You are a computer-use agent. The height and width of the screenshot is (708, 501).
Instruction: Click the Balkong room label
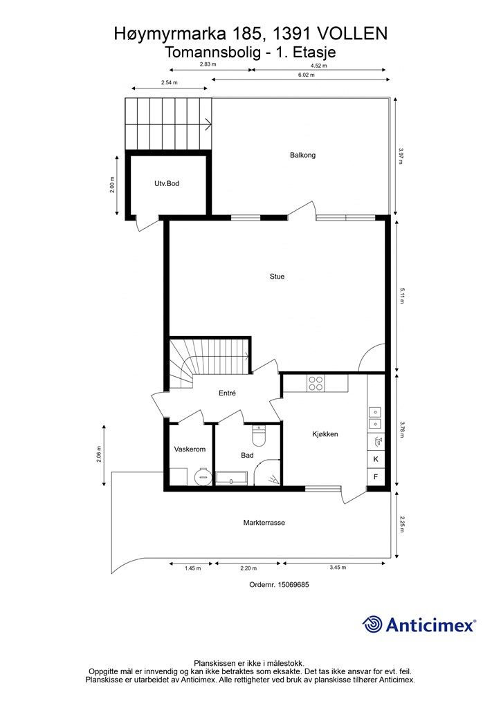coord(302,156)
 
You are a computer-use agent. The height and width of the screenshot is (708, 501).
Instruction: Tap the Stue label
coord(277,277)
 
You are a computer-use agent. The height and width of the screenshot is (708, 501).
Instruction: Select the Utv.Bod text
coord(167,183)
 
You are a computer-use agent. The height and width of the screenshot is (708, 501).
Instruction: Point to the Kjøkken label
coord(325,434)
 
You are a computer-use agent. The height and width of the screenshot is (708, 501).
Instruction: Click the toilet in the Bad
coord(259,436)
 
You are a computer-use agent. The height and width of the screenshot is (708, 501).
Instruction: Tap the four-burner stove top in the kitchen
coord(316,383)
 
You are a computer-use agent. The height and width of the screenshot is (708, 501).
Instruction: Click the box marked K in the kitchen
coord(376,459)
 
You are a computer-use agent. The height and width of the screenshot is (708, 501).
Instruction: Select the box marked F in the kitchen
coord(376,476)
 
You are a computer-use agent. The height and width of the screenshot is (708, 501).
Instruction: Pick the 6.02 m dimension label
coord(306,75)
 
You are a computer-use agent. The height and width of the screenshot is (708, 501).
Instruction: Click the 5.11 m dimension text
coord(401,296)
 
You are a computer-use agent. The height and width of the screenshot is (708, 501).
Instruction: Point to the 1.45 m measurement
coord(192,568)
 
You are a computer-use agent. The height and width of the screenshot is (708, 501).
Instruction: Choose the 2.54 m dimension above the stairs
coord(169,83)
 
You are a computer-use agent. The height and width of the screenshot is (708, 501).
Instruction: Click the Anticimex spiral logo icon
coord(372,624)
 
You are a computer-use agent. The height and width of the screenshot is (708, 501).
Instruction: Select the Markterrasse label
coord(264,523)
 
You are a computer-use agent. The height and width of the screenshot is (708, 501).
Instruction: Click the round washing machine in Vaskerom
coord(202,477)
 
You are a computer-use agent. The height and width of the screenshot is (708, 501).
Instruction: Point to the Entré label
coord(227,393)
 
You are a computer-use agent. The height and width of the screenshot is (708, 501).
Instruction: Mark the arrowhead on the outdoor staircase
coord(209,124)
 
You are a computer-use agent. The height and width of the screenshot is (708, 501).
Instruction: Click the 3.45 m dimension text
coord(338,568)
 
